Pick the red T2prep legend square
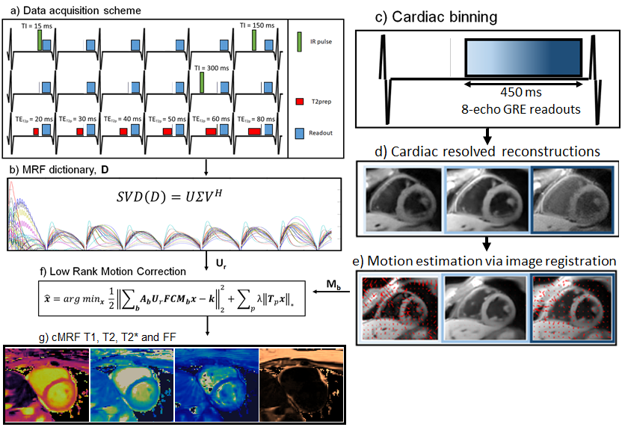(x=300, y=99)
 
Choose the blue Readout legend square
(x=300, y=132)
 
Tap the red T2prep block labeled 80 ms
(x=256, y=132)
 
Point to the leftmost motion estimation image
(x=402, y=307)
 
